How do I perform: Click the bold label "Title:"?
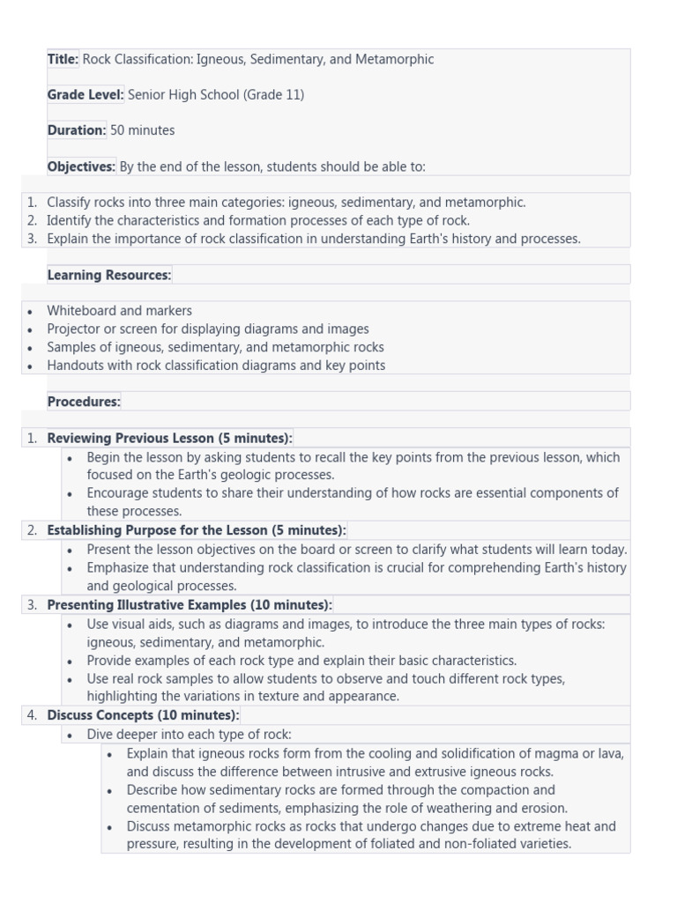(x=63, y=59)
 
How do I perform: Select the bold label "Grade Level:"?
(x=86, y=94)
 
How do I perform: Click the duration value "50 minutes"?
(x=142, y=130)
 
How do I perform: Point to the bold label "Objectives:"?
(x=81, y=166)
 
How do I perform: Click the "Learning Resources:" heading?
(x=109, y=275)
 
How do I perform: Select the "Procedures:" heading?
(x=84, y=402)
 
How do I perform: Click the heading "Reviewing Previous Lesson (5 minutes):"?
(x=169, y=438)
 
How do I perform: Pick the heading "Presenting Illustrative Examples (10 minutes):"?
(x=190, y=605)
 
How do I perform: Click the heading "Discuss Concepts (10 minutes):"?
(x=143, y=715)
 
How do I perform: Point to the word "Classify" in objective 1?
(x=71, y=203)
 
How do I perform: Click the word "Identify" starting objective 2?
(x=71, y=220)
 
